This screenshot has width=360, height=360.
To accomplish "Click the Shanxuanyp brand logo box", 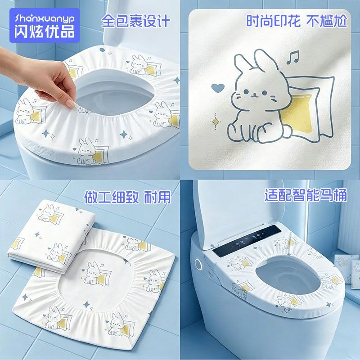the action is tap(44, 25).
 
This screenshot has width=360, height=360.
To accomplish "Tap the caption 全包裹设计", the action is tap(136, 21).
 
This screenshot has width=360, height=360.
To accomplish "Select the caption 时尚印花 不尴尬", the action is tap(297, 21).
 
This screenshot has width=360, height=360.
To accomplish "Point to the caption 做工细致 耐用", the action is tap(128, 197).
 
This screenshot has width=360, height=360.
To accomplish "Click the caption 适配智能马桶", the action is tap(306, 195).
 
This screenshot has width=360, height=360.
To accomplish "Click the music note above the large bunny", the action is tap(293, 57).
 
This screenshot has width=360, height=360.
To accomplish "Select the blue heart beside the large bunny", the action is tap(217, 88).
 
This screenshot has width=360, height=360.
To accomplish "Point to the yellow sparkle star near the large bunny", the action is tap(216, 122).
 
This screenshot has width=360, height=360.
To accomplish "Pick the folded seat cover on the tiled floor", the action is tap(51, 237).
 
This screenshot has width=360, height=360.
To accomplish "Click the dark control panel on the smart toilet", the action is tap(247, 240).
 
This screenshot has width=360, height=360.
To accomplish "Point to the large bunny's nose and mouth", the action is tap(255, 95).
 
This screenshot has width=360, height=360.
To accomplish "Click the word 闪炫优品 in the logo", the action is tap(45, 31).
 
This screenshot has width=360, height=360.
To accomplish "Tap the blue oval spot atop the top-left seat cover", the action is tap(102, 50).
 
